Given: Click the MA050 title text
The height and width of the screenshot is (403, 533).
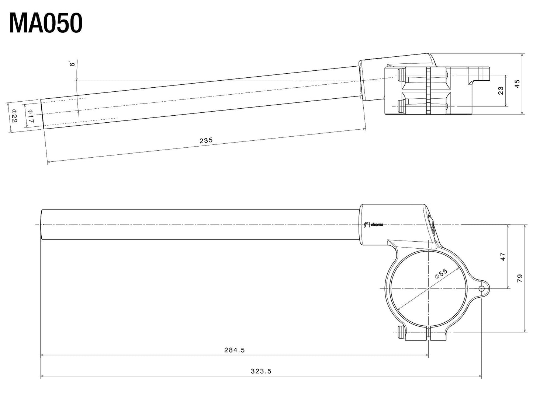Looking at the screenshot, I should [x=46, y=24].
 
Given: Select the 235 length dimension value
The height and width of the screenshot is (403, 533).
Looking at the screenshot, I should [x=206, y=140].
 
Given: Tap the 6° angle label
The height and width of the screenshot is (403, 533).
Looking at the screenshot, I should [x=72, y=64].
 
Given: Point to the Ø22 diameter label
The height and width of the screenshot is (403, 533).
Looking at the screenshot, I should [x=14, y=116].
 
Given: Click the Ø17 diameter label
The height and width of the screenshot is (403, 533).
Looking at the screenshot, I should [x=30, y=116].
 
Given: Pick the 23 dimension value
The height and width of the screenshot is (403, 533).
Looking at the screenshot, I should [x=501, y=90].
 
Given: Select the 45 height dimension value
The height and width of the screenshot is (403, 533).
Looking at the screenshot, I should [x=517, y=84].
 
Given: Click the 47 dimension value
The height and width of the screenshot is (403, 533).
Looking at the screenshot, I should [x=503, y=256].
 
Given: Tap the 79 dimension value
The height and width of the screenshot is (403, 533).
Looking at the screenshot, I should [x=519, y=278].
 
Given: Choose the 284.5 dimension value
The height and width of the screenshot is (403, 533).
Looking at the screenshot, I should [x=234, y=350].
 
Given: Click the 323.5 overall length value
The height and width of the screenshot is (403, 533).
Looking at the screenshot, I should [x=261, y=371].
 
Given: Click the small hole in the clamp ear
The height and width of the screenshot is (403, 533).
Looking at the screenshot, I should [x=481, y=288].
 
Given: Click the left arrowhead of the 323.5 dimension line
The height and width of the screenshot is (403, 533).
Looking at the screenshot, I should [x=42, y=376].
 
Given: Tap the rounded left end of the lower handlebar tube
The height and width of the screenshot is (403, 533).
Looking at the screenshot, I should [x=42, y=225].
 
